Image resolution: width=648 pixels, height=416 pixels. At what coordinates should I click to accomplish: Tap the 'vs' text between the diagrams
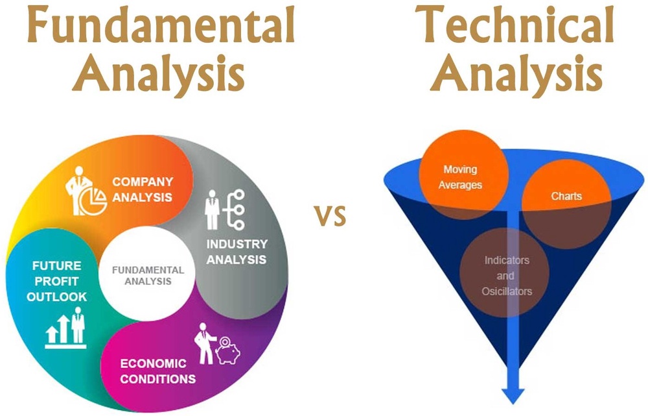[330, 215]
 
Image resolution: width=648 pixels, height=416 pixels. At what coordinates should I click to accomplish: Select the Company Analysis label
[143, 189]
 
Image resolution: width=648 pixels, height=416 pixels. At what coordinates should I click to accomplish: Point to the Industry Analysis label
[237, 252]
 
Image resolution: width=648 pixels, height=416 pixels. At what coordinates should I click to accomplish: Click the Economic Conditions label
[158, 371]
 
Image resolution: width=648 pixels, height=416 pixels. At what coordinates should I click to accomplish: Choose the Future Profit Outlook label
[57, 281]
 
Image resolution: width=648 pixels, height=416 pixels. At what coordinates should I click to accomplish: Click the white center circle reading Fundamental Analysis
[148, 274]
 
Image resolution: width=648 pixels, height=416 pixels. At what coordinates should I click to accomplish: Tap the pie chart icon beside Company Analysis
[93, 201]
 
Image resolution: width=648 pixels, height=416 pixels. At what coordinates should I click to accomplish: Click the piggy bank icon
[227, 351]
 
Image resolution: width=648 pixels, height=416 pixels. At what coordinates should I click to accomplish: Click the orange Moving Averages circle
[464, 175]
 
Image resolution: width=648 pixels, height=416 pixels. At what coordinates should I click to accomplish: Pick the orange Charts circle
[566, 204]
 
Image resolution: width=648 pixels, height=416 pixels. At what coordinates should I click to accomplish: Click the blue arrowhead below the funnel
[513, 396]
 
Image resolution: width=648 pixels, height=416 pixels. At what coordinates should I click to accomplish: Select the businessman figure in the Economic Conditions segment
[204, 343]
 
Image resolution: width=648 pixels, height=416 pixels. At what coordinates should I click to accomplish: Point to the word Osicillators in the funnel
[507, 291]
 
